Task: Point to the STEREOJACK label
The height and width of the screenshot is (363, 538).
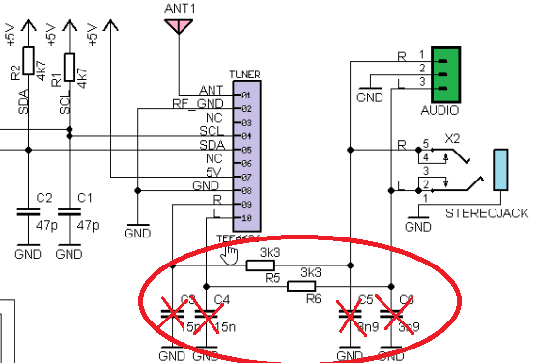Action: (x=493, y=213)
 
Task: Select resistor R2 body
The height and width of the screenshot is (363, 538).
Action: (x=28, y=61)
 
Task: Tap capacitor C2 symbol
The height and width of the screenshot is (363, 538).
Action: (x=28, y=209)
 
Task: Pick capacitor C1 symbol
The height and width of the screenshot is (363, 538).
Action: (x=70, y=209)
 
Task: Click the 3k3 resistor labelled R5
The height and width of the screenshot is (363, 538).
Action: (x=263, y=265)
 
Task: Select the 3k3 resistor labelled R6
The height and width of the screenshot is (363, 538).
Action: (x=309, y=286)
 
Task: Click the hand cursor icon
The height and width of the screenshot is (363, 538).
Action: (x=229, y=254)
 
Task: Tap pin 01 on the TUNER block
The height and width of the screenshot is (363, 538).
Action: (x=246, y=96)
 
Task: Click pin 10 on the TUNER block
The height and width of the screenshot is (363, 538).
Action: (x=246, y=218)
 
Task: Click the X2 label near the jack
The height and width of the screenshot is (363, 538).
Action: (x=452, y=138)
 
